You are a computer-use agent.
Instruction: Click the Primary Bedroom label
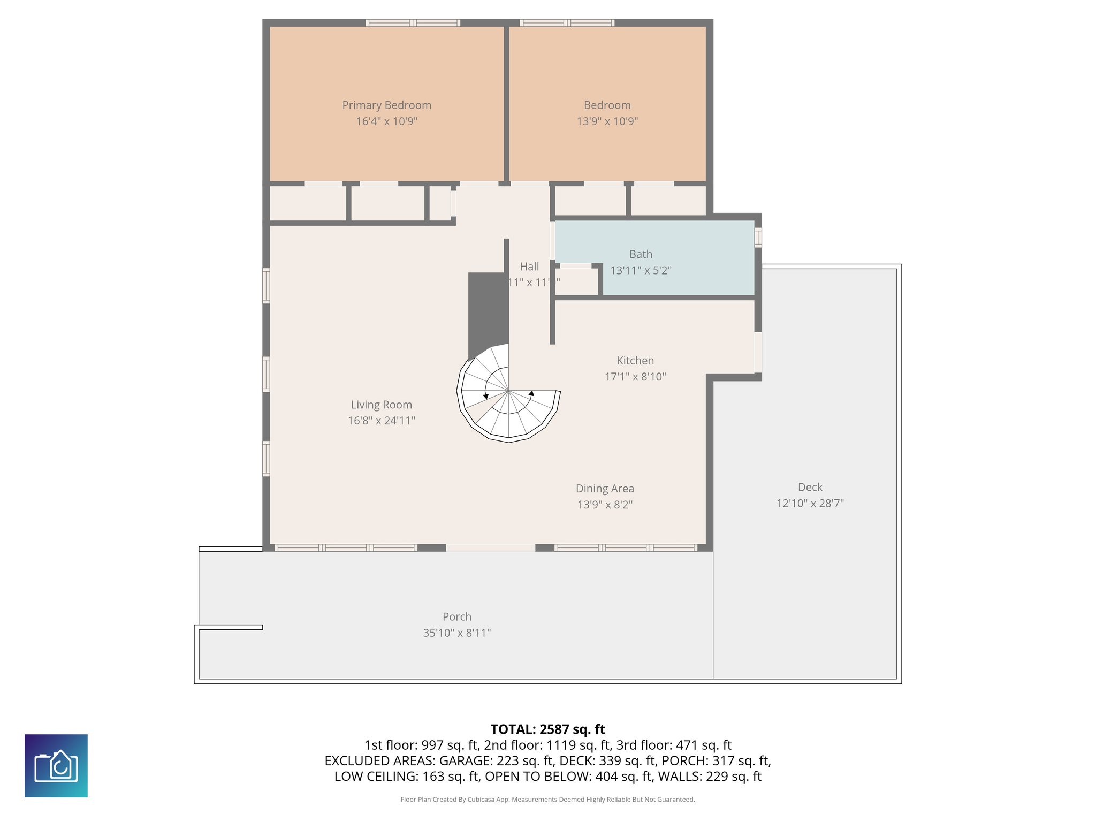click(x=386, y=105)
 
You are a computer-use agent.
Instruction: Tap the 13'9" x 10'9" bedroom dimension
click(x=607, y=121)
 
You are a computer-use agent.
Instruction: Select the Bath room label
click(x=641, y=254)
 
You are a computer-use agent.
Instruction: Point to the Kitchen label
click(x=635, y=361)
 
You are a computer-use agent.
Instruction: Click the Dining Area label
click(x=605, y=489)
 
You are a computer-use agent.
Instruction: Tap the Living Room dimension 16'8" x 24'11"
click(x=381, y=421)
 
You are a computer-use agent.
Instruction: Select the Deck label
click(x=810, y=487)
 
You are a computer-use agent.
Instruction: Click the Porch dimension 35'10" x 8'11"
click(x=456, y=633)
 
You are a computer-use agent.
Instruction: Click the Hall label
click(x=529, y=267)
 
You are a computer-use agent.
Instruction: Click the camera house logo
click(x=56, y=766)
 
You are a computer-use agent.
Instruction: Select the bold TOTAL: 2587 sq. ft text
click(x=547, y=729)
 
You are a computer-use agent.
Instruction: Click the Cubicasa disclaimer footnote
click(x=547, y=800)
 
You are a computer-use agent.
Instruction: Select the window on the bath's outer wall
click(x=758, y=237)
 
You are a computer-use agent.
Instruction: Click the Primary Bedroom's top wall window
click(x=413, y=23)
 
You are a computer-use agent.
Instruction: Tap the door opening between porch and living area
click(x=490, y=547)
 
